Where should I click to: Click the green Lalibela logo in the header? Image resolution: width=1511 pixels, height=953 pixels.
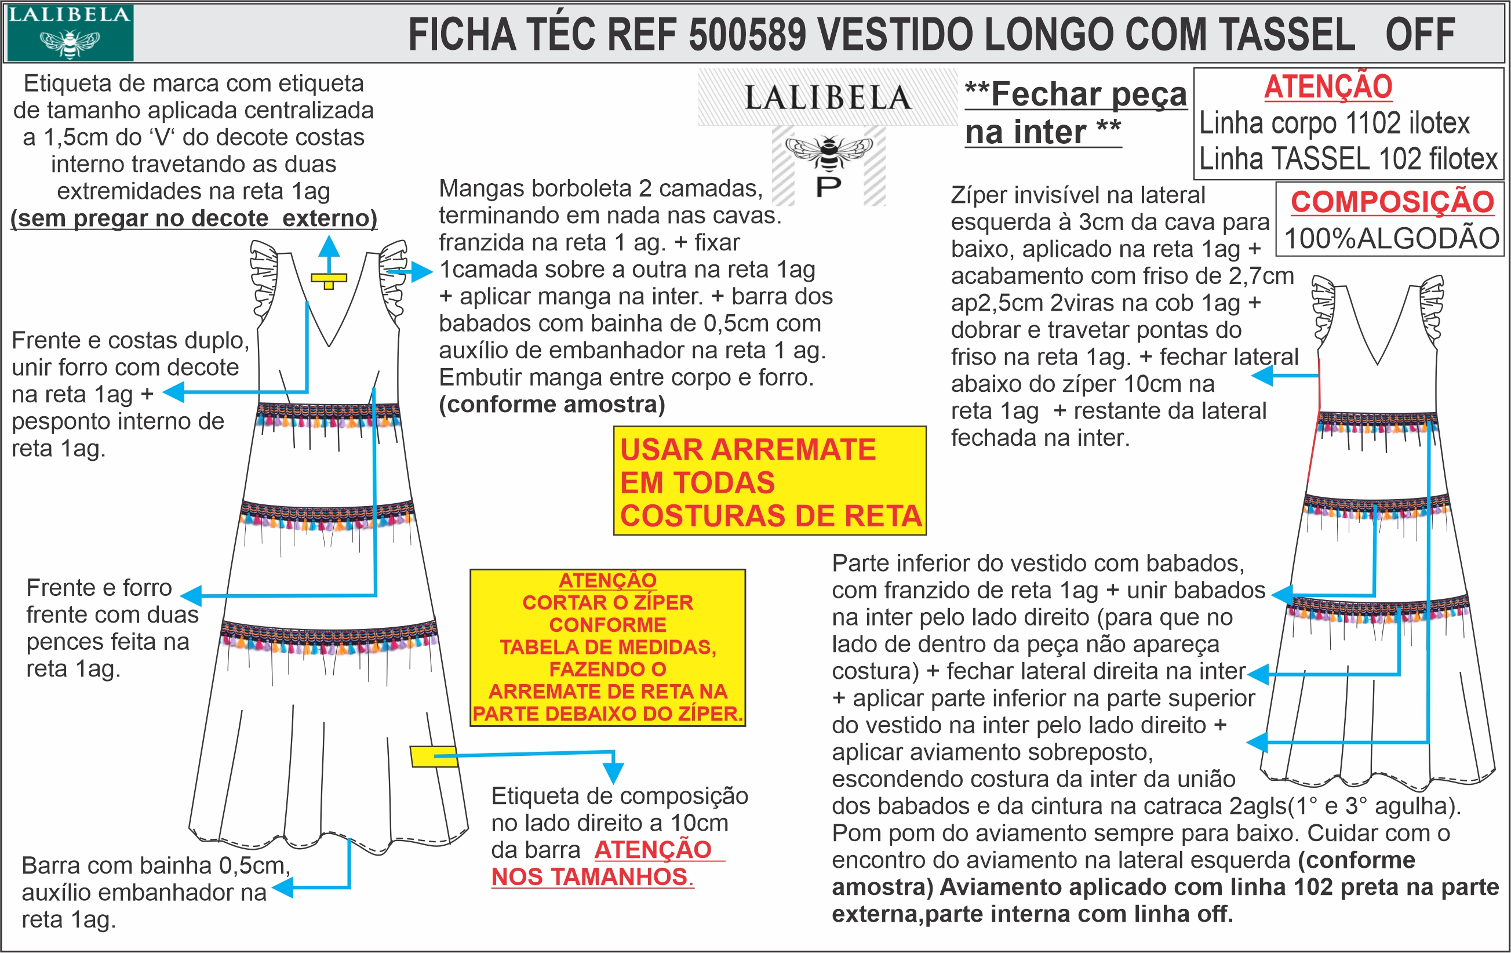[69, 32]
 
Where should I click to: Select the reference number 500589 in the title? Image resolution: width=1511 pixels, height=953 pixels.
[747, 35]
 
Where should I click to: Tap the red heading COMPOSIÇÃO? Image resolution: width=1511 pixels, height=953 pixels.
[1392, 202]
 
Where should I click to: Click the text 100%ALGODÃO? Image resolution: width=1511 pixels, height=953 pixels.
[1392, 238]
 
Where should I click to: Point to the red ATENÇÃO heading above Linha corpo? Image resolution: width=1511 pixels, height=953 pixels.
[1328, 86]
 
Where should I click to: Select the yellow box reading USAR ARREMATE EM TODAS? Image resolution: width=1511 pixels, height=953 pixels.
[769, 481]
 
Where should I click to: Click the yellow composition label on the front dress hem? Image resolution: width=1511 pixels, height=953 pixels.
[433, 756]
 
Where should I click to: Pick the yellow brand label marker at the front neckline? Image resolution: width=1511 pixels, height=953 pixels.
[329, 279]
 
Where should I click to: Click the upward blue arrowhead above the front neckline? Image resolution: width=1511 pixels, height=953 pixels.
[329, 246]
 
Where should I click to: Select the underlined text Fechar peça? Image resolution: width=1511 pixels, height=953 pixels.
[1076, 94]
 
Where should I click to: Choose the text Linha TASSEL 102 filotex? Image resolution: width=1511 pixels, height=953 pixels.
[1348, 159]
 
